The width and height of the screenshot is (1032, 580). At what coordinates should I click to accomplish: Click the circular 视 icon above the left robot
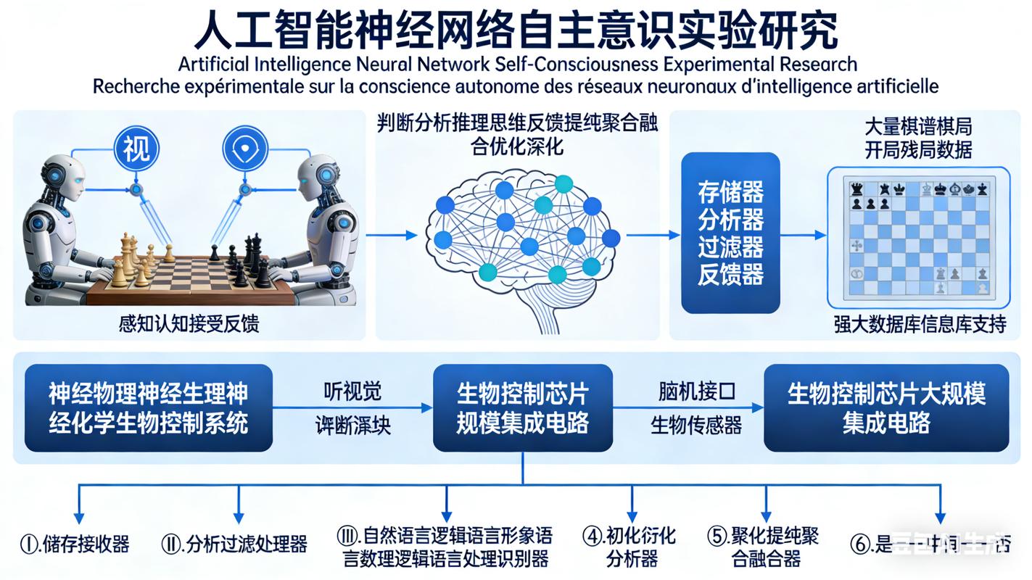[136, 149]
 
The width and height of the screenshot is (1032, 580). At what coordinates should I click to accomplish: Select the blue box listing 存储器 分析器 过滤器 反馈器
[730, 233]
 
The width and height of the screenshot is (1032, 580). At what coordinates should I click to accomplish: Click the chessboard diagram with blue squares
[919, 238]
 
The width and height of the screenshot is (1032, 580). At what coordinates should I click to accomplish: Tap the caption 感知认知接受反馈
[189, 323]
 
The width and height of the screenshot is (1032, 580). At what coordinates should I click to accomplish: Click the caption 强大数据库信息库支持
[920, 324]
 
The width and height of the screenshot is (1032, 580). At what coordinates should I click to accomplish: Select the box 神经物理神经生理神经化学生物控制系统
[149, 408]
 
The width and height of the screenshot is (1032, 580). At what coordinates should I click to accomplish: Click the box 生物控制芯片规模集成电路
[522, 408]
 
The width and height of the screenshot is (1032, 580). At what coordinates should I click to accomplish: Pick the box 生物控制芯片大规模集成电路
[886, 408]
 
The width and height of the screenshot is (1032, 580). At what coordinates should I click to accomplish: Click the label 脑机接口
[697, 391]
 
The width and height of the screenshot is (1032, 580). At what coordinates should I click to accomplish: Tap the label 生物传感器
[696, 425]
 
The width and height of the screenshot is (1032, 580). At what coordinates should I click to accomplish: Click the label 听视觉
[352, 391]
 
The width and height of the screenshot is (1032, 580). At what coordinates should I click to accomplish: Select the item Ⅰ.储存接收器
[75, 544]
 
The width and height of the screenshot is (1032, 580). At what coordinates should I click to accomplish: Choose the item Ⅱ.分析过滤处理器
[234, 544]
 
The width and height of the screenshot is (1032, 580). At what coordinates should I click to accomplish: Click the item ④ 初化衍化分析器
[629, 547]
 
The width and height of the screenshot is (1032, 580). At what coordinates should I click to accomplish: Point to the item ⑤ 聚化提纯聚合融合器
[763, 547]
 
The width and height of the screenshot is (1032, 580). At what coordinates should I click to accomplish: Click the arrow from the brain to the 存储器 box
[651, 235]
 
